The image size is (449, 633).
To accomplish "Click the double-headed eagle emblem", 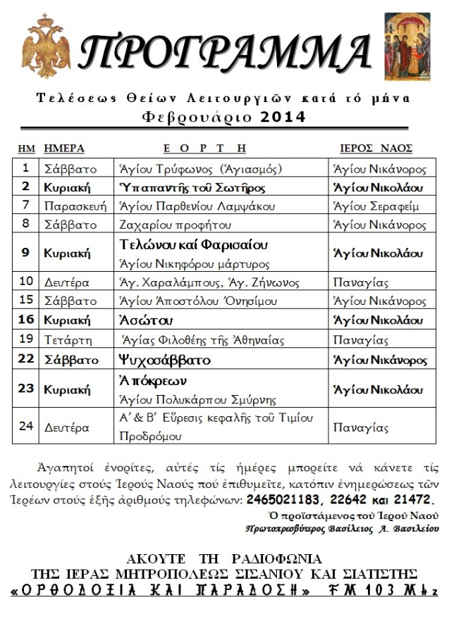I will tap(47, 46).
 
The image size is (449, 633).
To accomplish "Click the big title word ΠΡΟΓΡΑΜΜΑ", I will tap(225, 51).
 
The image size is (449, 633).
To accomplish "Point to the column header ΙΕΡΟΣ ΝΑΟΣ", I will tap(376, 149).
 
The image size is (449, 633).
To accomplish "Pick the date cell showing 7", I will tap(26, 206).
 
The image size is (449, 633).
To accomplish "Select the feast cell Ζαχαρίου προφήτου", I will tap(175, 225).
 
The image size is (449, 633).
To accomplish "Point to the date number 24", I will tap(26, 427).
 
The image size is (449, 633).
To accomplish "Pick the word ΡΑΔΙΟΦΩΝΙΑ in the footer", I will tap(276, 559).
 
